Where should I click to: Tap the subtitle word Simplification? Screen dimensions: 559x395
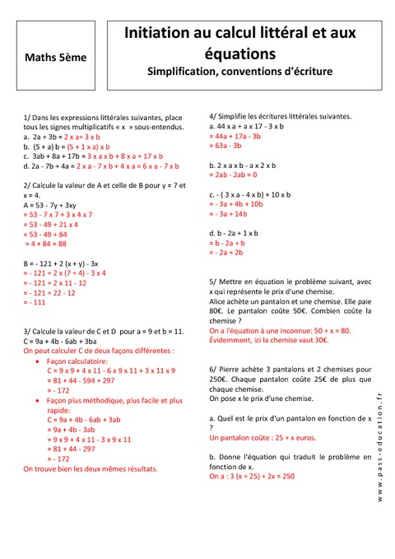(x=188, y=72)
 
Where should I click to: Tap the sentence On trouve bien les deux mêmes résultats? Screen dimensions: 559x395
(x=90, y=468)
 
